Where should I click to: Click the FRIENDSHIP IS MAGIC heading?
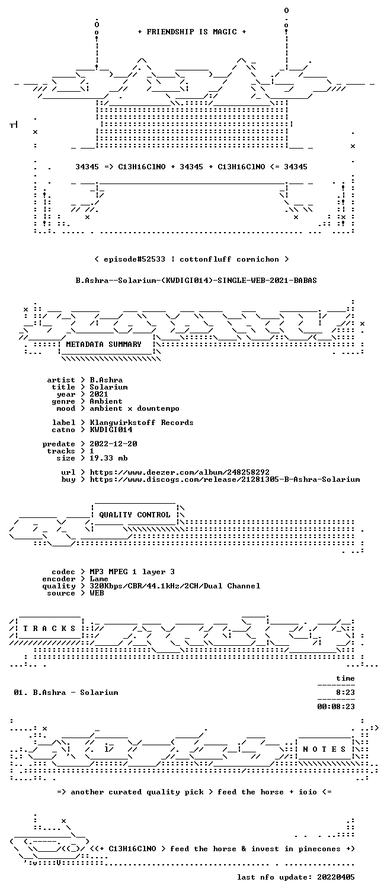pyautogui.click(x=192, y=32)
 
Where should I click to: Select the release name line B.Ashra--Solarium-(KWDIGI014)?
pyautogui.click(x=196, y=281)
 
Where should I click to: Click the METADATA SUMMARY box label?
pyautogui.click(x=104, y=345)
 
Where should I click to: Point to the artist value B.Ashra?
pyautogui.click(x=106, y=380)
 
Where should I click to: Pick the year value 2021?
pyautogui.click(x=99, y=394)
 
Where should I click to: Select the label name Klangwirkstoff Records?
pyautogui.click(x=142, y=423)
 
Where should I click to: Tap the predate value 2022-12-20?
pyautogui.click(x=113, y=444)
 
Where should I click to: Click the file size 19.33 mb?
pyautogui.click(x=108, y=458)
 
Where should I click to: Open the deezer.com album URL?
pyautogui.click(x=180, y=472)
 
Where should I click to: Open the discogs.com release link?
pyautogui.click(x=225, y=479)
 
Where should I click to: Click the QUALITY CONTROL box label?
pyautogui.click(x=135, y=515)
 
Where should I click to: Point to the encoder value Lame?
pyautogui.click(x=99, y=579)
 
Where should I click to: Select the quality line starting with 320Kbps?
pyautogui.click(x=175, y=586)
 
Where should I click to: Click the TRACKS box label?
pyautogui.click(x=49, y=629)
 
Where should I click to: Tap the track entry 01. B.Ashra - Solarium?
pyautogui.click(x=66, y=693)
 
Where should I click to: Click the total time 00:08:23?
pyautogui.click(x=336, y=706)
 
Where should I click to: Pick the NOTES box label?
pyautogui.click(x=324, y=749)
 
